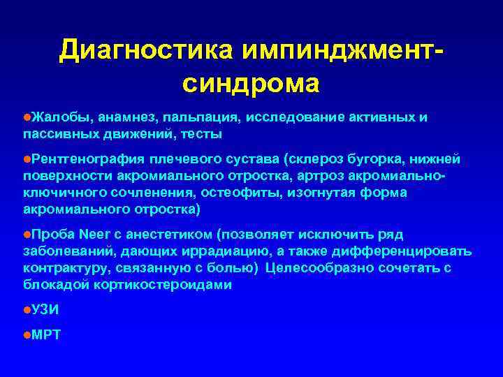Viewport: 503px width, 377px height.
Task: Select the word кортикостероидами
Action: [176, 283]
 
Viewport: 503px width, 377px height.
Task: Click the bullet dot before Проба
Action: [26, 235]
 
